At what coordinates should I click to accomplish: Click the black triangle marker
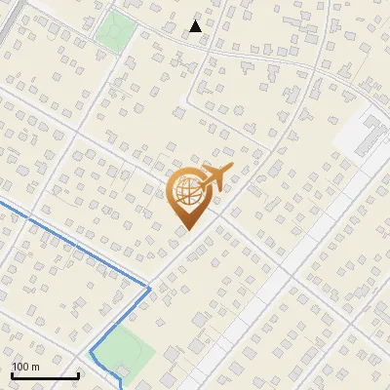tap(196, 26)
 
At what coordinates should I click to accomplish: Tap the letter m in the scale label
tap(35, 367)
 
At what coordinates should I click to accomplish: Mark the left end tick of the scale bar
tap(12, 375)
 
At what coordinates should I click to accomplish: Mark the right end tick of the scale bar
tap(78, 375)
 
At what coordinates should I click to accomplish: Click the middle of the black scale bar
tap(45, 376)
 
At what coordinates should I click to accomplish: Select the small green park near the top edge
tap(115, 32)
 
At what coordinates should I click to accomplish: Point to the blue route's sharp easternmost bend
tap(149, 288)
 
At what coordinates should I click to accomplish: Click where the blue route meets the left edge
tap(1, 200)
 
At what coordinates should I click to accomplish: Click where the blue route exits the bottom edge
tap(121, 388)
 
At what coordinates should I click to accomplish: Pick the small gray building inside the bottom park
tap(118, 372)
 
